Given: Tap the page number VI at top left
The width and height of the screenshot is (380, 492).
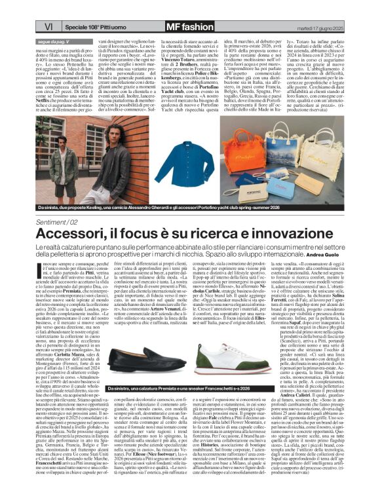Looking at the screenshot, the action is pos(48,26).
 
